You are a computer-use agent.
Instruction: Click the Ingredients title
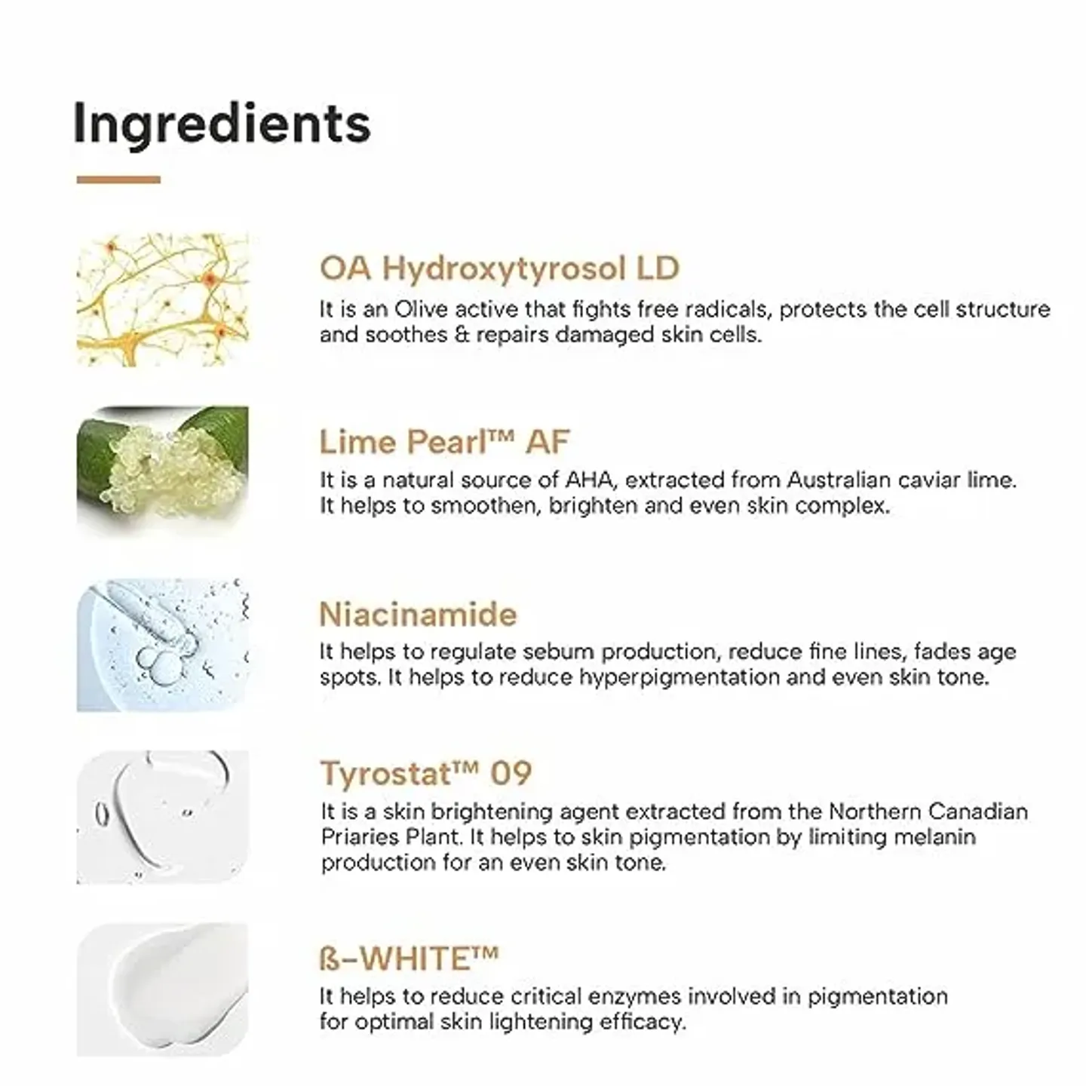pos(222,124)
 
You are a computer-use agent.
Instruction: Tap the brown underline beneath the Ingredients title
pos(118,179)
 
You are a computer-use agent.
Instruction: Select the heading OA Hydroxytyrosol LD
pos(499,268)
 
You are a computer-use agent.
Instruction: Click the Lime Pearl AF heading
pos(443,441)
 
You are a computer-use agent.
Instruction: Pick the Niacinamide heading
pos(418,614)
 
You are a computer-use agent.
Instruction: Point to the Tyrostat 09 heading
pos(426,774)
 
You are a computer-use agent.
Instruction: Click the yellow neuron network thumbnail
pos(162,299)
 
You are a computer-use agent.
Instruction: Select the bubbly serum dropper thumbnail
pos(162,645)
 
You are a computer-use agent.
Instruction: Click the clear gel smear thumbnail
pos(162,817)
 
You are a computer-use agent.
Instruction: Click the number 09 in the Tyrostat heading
pos(511,774)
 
